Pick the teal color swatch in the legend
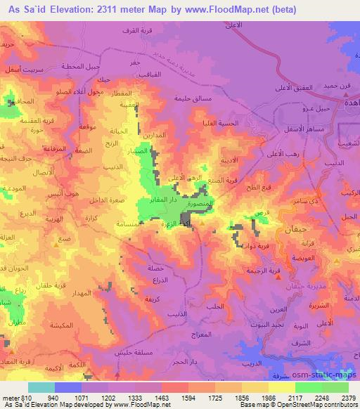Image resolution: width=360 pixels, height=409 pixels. (41, 387)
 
